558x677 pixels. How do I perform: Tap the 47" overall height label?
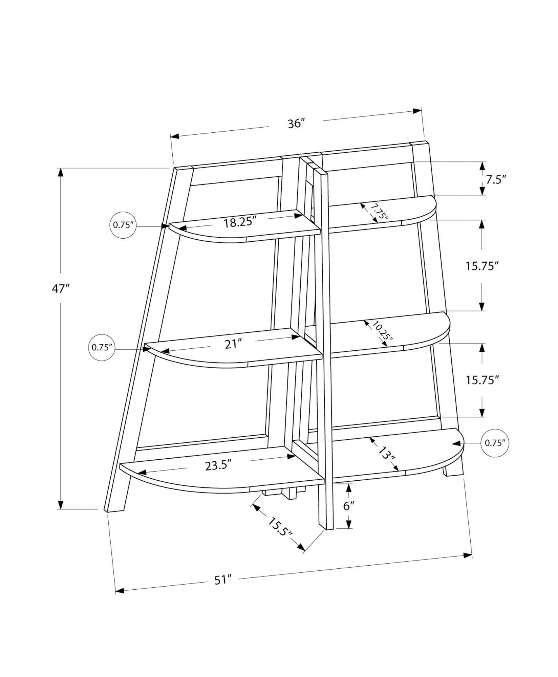(61, 288)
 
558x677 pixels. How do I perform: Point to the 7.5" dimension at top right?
(496, 180)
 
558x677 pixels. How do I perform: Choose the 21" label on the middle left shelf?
(233, 344)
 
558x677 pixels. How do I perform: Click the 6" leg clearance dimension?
(349, 515)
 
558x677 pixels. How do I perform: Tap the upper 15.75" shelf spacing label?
(482, 266)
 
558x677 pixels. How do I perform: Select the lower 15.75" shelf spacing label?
(482, 380)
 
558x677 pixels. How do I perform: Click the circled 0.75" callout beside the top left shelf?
(123, 225)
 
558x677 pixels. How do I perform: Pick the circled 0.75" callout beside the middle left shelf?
(102, 348)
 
